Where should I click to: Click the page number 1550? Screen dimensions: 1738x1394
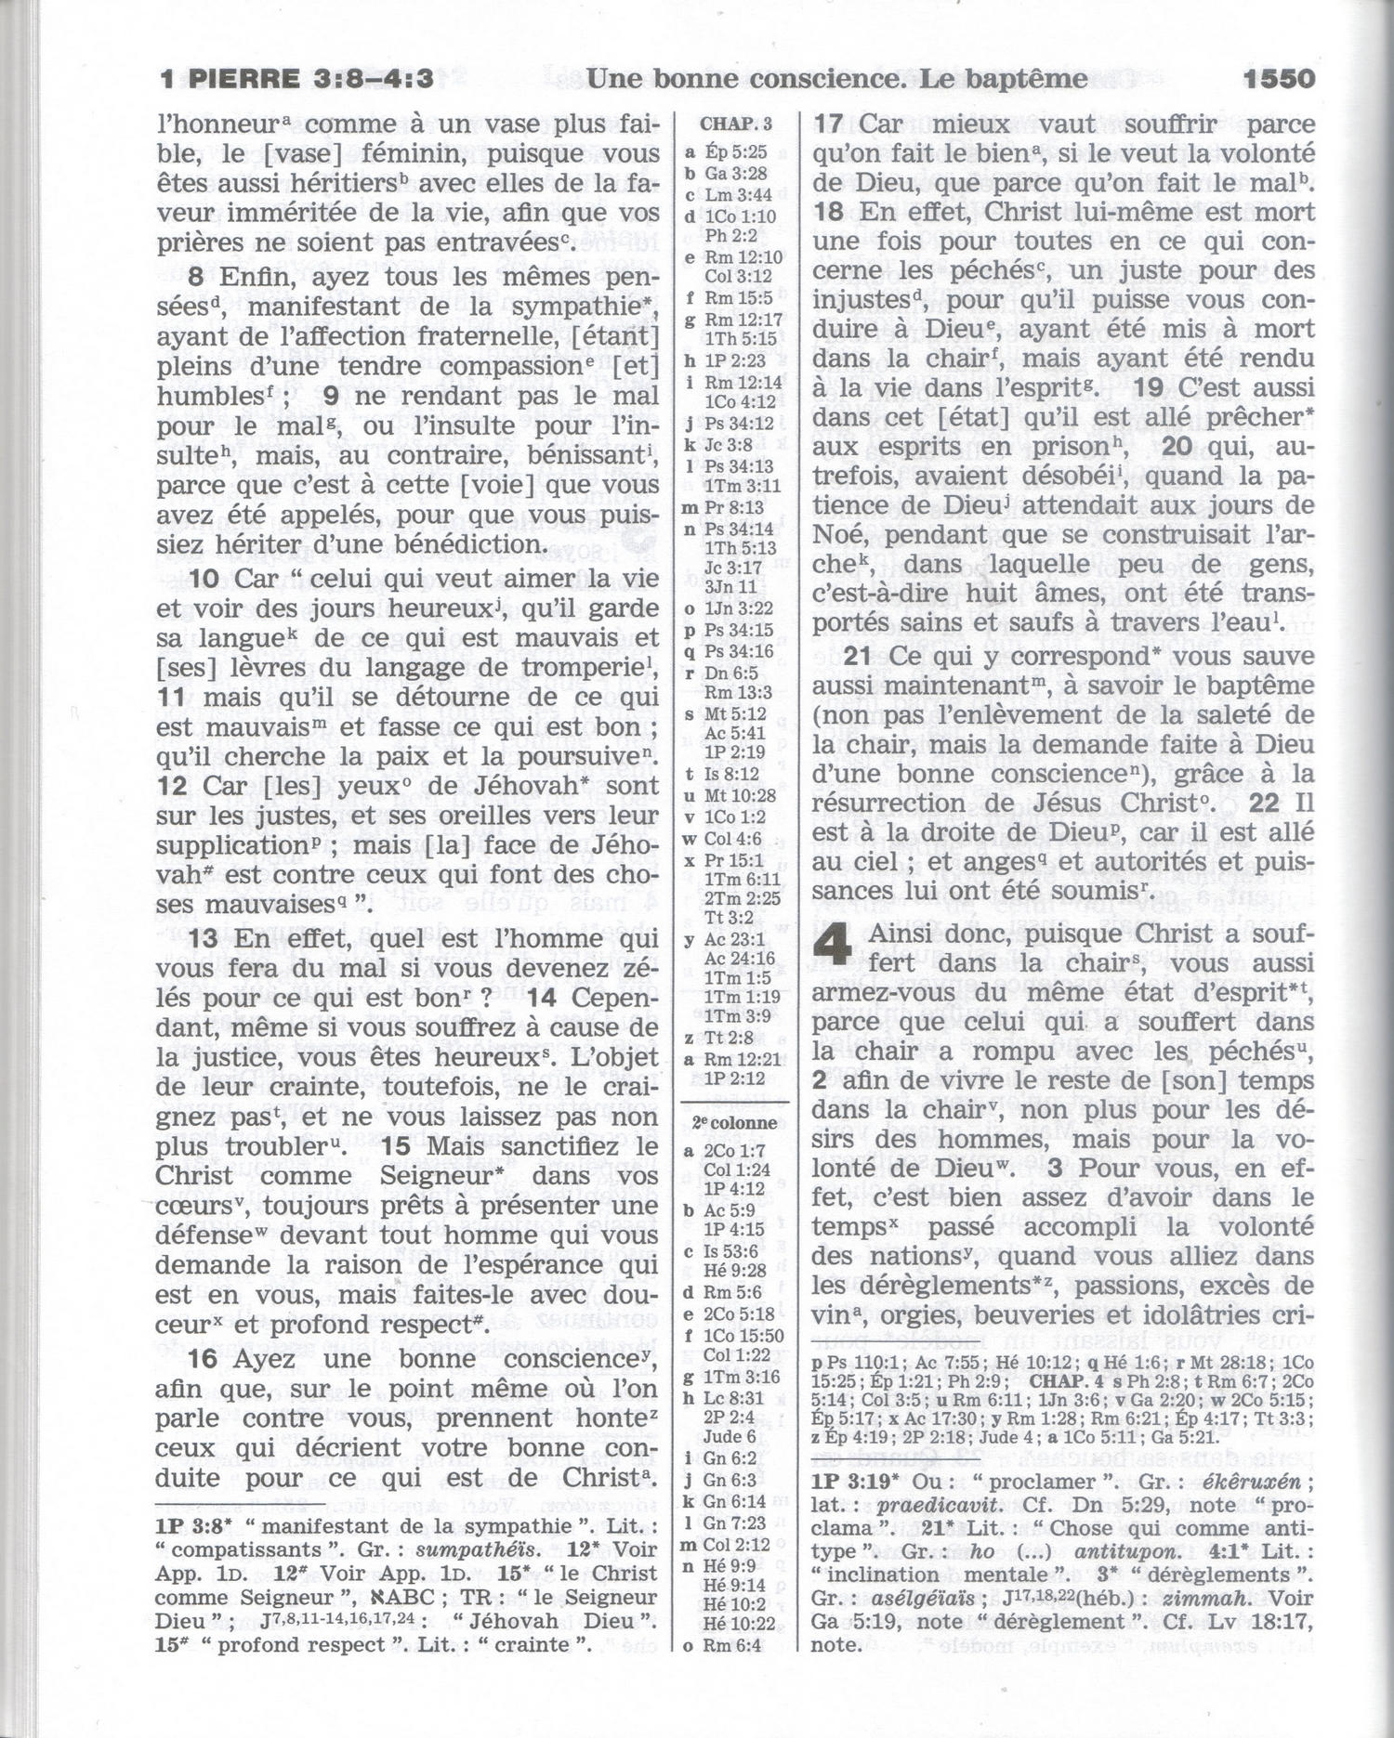point(1278,79)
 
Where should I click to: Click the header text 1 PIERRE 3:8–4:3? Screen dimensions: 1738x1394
point(296,79)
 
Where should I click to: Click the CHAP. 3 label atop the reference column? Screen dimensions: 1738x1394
point(735,124)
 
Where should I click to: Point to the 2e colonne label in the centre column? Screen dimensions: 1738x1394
point(734,1122)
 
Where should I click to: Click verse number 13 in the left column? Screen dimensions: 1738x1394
point(203,938)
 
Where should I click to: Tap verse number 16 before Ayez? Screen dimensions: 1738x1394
point(203,1359)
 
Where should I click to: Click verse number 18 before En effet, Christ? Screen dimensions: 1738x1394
point(828,212)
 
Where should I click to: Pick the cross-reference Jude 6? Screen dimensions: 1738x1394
point(730,1437)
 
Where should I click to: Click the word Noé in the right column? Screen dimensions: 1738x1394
point(839,535)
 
